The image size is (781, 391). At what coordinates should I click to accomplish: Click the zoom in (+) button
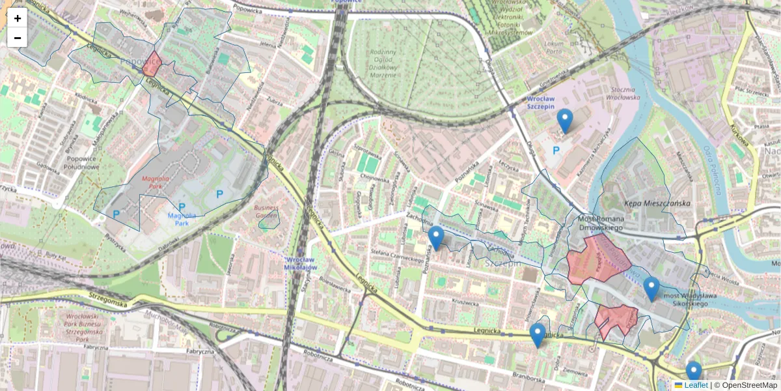[18, 18]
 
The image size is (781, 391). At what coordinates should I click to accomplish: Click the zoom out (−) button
[18, 38]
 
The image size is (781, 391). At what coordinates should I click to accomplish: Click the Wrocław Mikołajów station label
[300, 263]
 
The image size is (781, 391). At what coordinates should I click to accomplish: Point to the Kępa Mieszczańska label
[648, 203]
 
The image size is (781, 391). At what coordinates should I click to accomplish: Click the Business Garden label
[266, 212]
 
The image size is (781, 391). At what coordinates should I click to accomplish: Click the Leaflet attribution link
[696, 385]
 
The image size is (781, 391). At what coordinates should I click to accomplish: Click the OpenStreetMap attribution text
[749, 385]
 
